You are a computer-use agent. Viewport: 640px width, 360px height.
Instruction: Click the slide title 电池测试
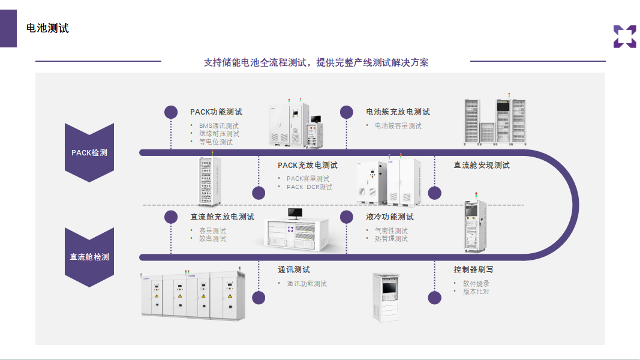[x=47, y=28]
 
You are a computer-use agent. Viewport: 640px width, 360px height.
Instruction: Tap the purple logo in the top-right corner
[x=624, y=37]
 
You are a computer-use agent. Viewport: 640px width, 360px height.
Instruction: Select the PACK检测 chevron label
[x=89, y=152]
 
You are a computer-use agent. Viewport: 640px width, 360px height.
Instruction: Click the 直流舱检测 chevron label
[x=89, y=257]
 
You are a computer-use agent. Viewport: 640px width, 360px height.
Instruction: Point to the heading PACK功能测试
[x=216, y=112]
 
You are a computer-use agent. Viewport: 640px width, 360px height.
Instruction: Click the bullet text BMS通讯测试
[x=219, y=126]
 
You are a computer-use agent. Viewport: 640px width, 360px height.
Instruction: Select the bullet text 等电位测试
[x=216, y=142]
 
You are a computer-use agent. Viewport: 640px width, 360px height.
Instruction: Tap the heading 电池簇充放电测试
[x=398, y=112]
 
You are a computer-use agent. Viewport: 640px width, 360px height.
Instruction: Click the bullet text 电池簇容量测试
[x=398, y=126]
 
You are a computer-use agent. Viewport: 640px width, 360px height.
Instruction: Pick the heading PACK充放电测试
[x=307, y=165]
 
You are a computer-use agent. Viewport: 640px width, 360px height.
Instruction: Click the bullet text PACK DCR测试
[x=310, y=187]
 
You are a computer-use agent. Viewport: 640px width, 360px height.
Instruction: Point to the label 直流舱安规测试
[x=482, y=165]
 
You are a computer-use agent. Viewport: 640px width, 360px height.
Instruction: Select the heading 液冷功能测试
[x=390, y=217]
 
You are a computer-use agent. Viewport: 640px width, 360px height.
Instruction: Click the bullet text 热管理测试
[x=392, y=239]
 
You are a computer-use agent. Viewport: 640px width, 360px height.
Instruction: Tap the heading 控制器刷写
[x=473, y=269]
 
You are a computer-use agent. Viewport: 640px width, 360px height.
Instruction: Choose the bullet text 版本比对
[x=476, y=292]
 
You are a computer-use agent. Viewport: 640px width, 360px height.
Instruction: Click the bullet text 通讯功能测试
[x=307, y=284]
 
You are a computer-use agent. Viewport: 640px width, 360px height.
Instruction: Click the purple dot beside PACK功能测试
[x=171, y=112]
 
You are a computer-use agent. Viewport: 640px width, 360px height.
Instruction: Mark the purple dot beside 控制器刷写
[x=435, y=298]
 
